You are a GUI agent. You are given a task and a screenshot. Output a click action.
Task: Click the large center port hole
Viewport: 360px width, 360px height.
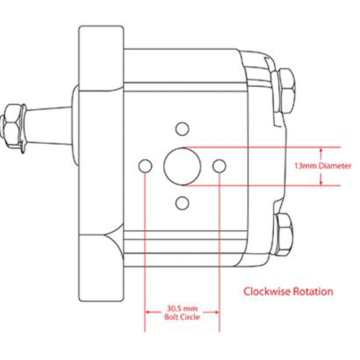pyautogui.click(x=182, y=166)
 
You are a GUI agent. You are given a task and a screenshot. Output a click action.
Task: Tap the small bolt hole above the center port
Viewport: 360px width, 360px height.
pyautogui.click(x=182, y=128)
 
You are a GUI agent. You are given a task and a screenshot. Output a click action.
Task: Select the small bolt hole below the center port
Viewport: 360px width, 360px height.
pyautogui.click(x=182, y=203)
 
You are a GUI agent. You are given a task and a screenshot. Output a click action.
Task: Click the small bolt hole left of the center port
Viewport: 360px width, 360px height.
pyautogui.click(x=145, y=166)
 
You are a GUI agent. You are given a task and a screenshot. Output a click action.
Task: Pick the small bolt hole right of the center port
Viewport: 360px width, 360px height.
pyautogui.click(x=219, y=166)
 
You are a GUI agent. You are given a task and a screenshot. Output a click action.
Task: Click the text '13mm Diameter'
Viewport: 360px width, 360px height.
pyautogui.click(x=323, y=166)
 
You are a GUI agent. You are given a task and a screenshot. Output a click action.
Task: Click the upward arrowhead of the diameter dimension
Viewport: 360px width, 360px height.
pyautogui.click(x=320, y=150)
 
